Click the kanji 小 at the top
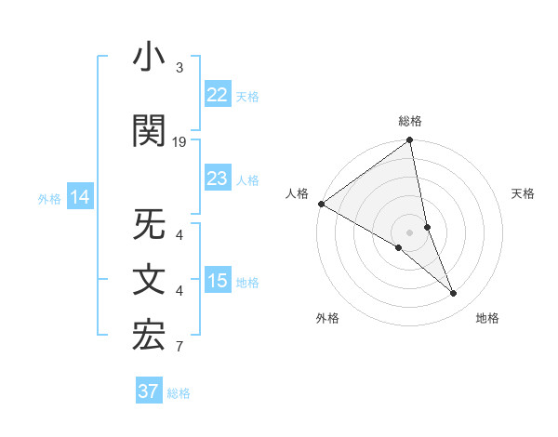(x=149, y=59)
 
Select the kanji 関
(x=149, y=131)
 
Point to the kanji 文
(x=149, y=281)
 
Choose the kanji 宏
(x=149, y=337)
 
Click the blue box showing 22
(x=217, y=95)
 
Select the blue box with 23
(x=217, y=179)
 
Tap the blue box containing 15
(x=217, y=281)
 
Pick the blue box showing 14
(x=80, y=197)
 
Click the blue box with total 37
(x=148, y=391)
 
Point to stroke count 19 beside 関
(x=179, y=142)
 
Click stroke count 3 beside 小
(x=179, y=68)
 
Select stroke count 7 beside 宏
(x=179, y=347)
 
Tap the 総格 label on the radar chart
(x=410, y=121)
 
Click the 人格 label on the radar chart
(x=297, y=193)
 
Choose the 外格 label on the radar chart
(x=327, y=318)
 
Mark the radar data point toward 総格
(x=410, y=141)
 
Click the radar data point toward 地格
(x=454, y=294)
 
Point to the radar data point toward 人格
(x=322, y=204)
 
